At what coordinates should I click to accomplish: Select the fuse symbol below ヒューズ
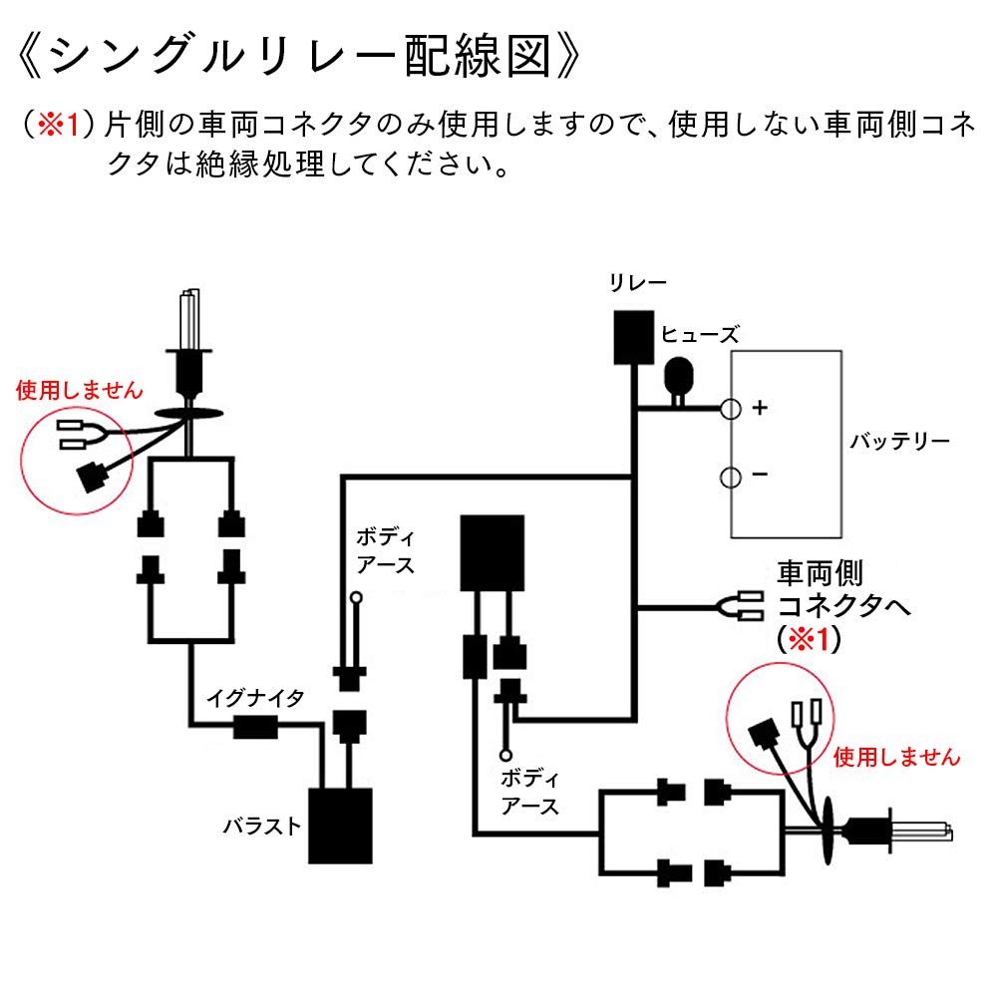click(x=680, y=378)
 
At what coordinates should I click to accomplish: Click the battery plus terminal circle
click(x=731, y=408)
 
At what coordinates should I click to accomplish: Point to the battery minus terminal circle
click(x=731, y=477)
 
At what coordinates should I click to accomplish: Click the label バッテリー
click(x=899, y=442)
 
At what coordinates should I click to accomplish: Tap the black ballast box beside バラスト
click(x=340, y=826)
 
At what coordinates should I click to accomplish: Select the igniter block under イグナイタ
click(x=254, y=729)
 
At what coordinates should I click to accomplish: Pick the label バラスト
click(x=261, y=826)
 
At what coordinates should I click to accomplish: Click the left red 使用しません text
click(x=80, y=390)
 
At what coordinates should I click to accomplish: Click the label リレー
click(x=638, y=284)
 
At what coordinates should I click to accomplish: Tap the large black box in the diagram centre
click(x=492, y=552)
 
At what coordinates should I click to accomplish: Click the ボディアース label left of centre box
click(x=385, y=550)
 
